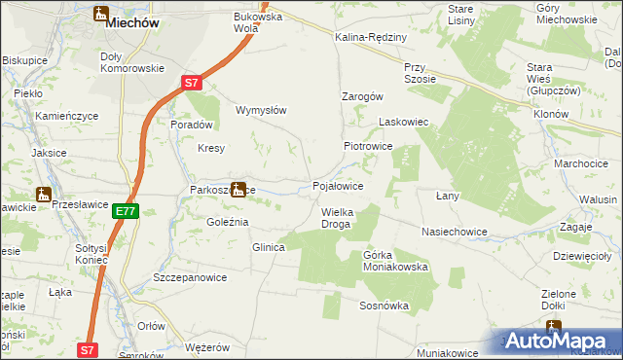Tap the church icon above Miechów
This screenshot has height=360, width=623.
pos(101,14)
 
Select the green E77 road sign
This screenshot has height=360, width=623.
pos(125,211)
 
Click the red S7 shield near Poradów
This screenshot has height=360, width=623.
pos(193,85)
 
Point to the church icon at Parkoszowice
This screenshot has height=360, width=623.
pos(238,189)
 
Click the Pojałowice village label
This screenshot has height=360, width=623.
pos(338,185)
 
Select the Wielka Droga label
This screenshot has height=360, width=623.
pos(336,218)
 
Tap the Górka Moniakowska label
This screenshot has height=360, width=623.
pos(395,260)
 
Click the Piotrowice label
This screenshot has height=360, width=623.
pos(367,145)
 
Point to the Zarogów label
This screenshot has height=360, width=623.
pos(362,96)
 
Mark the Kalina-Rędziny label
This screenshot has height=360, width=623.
pos(370,36)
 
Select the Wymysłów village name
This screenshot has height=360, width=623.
pos(261,110)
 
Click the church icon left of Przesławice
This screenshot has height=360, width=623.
pos(43,194)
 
